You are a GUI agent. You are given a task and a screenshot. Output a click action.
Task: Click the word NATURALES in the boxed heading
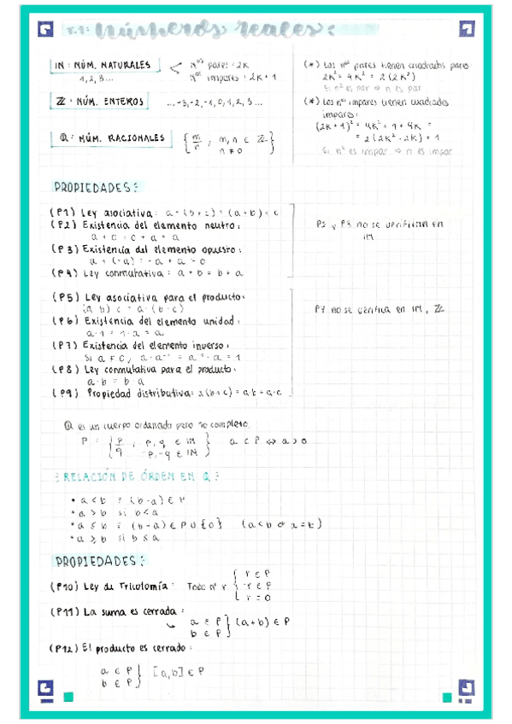point(125,65)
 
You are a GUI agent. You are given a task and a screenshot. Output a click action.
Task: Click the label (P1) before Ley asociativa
point(65,213)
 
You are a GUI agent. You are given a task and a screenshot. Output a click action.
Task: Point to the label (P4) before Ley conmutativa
point(65,273)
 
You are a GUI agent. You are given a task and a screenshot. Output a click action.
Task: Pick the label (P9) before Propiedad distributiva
point(66,394)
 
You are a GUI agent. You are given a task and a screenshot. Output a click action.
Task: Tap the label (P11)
point(66,612)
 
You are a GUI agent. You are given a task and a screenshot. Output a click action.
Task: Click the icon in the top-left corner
point(45,31)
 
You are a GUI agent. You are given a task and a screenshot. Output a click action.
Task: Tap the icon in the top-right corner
point(466,31)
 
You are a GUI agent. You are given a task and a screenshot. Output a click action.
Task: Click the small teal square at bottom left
point(68,698)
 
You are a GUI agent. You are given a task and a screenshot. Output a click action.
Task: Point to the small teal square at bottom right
point(446,698)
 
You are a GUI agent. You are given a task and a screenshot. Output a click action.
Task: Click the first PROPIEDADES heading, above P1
point(94,187)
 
